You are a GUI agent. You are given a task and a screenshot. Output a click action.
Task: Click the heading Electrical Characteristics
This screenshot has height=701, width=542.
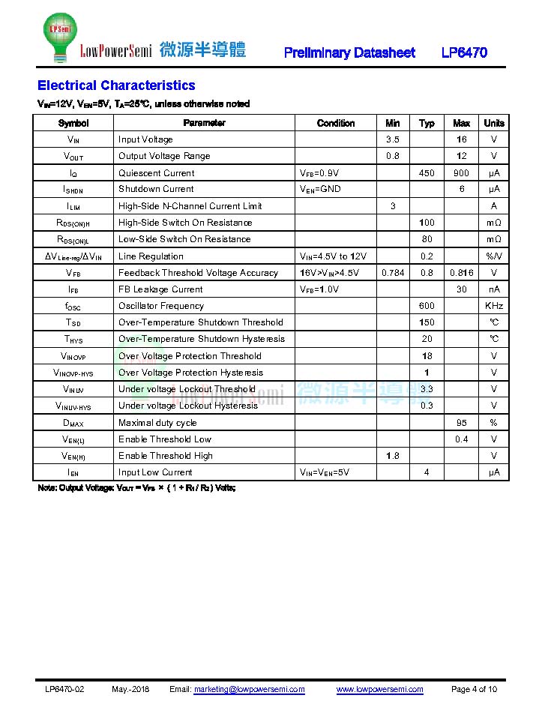pos(116,85)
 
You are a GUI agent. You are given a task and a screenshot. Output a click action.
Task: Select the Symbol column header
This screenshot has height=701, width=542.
pos(73,123)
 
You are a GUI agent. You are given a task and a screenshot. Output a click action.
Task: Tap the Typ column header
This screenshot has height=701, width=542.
pos(427,123)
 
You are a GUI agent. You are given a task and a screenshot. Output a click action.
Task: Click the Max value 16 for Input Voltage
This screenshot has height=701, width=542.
pos(461,139)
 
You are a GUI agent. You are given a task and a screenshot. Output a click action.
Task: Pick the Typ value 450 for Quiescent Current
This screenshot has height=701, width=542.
pos(427,173)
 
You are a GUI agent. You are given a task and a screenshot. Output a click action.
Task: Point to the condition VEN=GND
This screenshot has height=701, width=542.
pos(320,189)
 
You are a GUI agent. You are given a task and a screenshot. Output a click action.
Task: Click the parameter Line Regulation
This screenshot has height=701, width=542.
pos(151,256)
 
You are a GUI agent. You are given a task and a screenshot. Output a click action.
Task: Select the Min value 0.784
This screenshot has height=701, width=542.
pos(393,273)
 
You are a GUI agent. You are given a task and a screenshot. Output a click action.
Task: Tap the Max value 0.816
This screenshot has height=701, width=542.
pos(461,273)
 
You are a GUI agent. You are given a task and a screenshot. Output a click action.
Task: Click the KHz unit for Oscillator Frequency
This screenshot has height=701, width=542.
pos(493,306)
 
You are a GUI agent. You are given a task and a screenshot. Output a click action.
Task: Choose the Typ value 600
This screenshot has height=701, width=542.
pos(427,306)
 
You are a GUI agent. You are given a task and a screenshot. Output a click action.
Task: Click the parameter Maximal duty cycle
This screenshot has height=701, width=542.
pos(157,423)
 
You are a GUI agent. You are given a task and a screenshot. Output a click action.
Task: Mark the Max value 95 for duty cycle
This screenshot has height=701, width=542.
pos(461,423)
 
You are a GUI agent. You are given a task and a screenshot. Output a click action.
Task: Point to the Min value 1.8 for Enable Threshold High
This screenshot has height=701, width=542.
pos(393,456)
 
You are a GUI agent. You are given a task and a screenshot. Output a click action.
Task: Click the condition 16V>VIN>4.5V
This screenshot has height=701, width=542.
pos(329,273)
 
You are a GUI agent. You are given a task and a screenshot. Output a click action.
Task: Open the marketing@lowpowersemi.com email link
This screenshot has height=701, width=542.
pos(249,690)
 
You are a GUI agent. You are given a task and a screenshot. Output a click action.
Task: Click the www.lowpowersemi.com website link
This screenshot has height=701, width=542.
pos(379,690)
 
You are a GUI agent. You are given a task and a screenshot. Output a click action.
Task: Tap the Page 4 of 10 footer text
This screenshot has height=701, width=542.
pos(474,690)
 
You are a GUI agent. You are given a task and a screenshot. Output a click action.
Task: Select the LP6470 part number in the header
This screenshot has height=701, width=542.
pos(464,52)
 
